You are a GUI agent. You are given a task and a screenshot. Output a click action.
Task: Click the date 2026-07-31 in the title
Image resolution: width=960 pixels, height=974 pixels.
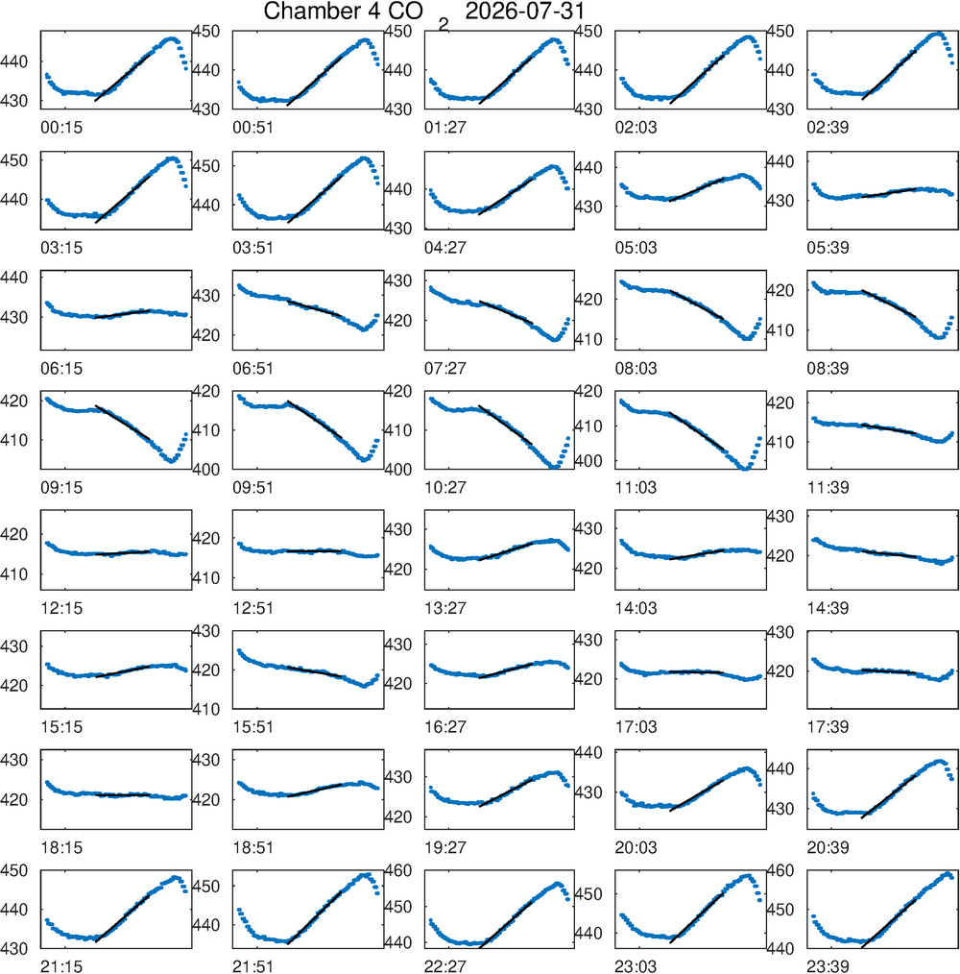click(x=525, y=12)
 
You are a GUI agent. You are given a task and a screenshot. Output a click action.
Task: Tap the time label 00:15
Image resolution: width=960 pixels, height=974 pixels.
click(x=61, y=128)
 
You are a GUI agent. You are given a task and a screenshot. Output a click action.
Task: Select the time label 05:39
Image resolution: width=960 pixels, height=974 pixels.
click(x=828, y=247)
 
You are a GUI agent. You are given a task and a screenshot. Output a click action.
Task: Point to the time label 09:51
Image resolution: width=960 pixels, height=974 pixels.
click(x=252, y=488)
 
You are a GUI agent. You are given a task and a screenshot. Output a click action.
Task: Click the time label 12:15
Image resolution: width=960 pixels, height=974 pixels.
click(x=61, y=608)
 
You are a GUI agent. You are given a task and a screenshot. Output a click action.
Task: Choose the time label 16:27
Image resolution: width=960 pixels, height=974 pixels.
click(x=445, y=727)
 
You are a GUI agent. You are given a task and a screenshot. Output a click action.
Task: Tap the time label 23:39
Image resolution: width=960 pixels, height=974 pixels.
click(x=828, y=966)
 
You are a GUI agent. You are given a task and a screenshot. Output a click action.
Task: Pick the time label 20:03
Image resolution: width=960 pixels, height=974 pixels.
click(x=636, y=847)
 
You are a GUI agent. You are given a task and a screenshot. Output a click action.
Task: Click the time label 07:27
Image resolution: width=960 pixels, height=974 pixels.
click(x=445, y=368)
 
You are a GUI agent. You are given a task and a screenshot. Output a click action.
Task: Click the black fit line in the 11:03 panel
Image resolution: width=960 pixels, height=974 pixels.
click(x=697, y=431)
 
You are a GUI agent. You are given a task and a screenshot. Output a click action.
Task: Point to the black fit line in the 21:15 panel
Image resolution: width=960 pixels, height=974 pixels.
click(x=122, y=918)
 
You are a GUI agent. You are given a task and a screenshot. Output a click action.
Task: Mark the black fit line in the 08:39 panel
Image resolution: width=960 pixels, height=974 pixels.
click(x=889, y=304)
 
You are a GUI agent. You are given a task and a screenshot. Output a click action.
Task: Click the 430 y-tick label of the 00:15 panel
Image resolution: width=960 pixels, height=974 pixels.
click(x=14, y=101)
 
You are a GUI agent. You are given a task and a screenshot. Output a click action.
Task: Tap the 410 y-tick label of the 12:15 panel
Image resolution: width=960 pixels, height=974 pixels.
click(x=14, y=574)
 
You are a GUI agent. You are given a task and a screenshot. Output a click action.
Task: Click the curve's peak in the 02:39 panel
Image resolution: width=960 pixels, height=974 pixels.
click(x=939, y=34)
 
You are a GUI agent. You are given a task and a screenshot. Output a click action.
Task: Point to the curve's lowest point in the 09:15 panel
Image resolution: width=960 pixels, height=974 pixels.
click(x=171, y=461)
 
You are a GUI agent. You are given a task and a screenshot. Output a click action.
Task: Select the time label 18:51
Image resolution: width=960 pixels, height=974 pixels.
click(x=252, y=847)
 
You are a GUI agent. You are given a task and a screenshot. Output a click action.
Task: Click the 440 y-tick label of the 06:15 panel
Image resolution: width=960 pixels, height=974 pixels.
click(x=14, y=278)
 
